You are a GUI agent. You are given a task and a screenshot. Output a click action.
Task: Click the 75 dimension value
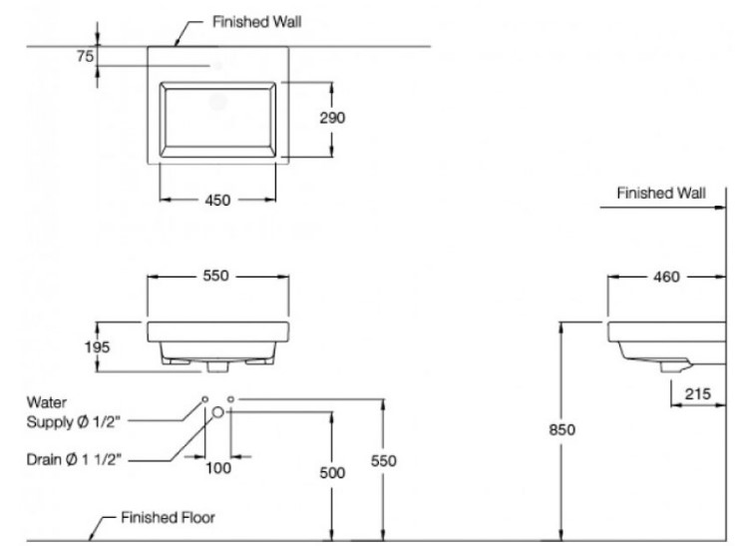click(x=86, y=57)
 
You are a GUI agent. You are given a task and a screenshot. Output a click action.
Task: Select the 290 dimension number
click(x=332, y=117)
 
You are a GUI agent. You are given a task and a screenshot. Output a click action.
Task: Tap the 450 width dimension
click(x=217, y=200)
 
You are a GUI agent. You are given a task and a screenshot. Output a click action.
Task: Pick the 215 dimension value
click(x=697, y=393)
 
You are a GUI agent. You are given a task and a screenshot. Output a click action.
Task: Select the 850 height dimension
click(x=563, y=429)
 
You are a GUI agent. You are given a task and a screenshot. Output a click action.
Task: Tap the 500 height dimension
click(x=332, y=472)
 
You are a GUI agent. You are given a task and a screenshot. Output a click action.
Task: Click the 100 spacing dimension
click(x=217, y=466)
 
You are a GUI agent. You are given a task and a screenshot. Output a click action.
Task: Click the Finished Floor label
click(x=168, y=518)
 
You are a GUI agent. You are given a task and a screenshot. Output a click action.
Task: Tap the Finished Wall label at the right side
click(x=658, y=193)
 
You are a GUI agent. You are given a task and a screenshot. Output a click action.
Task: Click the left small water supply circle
click(x=204, y=399)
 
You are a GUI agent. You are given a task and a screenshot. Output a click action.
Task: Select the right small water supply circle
click(x=230, y=399)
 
